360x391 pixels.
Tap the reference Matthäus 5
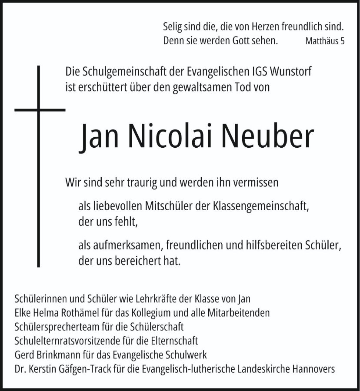pyautogui.click(x=325, y=42)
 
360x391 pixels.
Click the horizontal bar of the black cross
pyautogui.click(x=40, y=109)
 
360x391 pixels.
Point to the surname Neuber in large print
pyautogui.click(x=267, y=137)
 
